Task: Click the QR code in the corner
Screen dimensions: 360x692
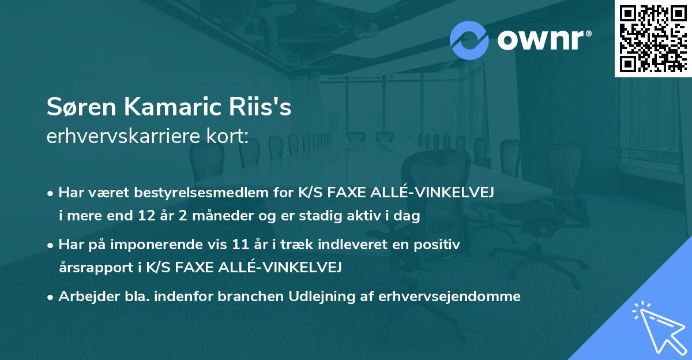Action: coord(653,39)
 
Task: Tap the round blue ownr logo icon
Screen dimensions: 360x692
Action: coord(469,40)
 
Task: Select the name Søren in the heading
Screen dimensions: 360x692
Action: coord(75,108)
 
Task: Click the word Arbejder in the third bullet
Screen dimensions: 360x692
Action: coord(84,297)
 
